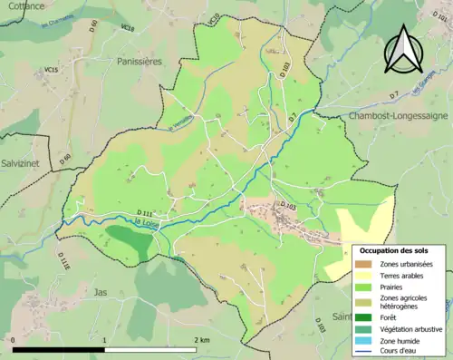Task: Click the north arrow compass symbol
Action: [403, 50]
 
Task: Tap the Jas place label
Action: [100, 292]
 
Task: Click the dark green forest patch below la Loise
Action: [130, 238]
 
